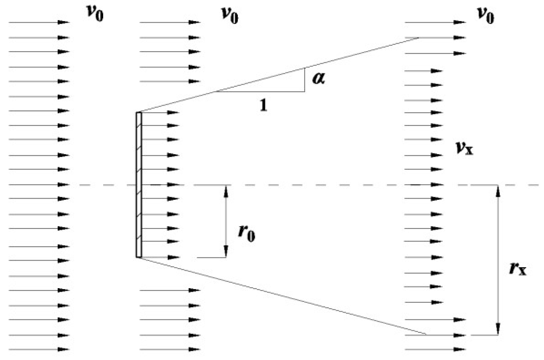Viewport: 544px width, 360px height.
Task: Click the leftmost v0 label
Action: tap(95, 13)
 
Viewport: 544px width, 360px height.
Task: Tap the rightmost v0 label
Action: tap(485, 15)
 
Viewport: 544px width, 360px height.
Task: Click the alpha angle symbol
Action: tap(319, 78)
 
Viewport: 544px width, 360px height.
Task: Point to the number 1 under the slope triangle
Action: tap(263, 105)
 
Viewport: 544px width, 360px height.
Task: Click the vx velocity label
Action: tap(464, 148)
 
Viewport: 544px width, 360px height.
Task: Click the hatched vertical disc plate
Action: tap(139, 185)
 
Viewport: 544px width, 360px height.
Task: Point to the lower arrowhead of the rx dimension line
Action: tap(498, 329)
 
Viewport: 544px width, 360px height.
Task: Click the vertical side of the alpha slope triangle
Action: tap(305, 80)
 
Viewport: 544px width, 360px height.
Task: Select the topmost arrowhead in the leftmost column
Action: tap(63, 22)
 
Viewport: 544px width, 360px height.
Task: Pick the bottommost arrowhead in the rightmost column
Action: tap(459, 349)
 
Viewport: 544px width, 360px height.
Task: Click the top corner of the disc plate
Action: tap(139, 113)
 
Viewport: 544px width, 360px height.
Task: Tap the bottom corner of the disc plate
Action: tap(139, 257)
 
